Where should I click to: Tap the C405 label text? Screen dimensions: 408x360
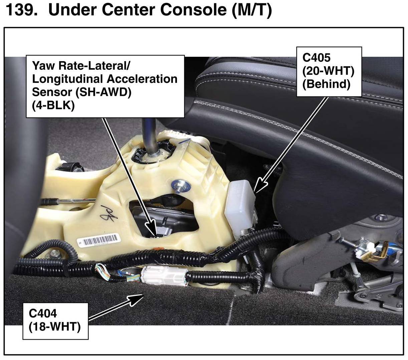pos(316,58)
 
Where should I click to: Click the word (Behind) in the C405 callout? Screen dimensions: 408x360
pos(326,84)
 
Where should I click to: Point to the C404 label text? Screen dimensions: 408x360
pos(43,313)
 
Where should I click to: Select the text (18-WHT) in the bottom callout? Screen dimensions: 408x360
pos(54,327)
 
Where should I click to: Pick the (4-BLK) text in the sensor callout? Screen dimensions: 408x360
pos(53,105)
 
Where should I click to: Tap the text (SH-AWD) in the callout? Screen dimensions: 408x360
pos(103,92)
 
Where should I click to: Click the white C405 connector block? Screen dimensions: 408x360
pos(241,207)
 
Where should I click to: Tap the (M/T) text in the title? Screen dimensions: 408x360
pos(252,10)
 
